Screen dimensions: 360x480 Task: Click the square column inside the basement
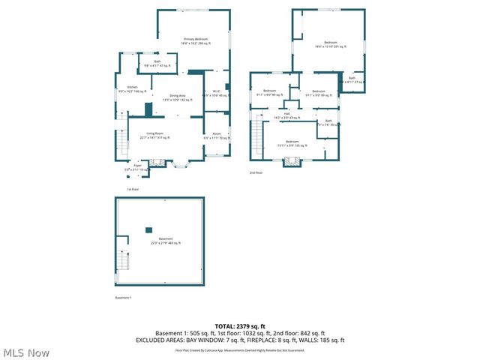point(148,229)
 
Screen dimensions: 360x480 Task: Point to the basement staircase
point(122,262)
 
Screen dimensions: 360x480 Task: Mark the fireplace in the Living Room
point(157,162)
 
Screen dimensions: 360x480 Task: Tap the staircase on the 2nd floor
point(257,136)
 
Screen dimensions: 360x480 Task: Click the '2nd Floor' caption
point(256,173)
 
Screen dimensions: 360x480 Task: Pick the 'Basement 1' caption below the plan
point(123,298)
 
